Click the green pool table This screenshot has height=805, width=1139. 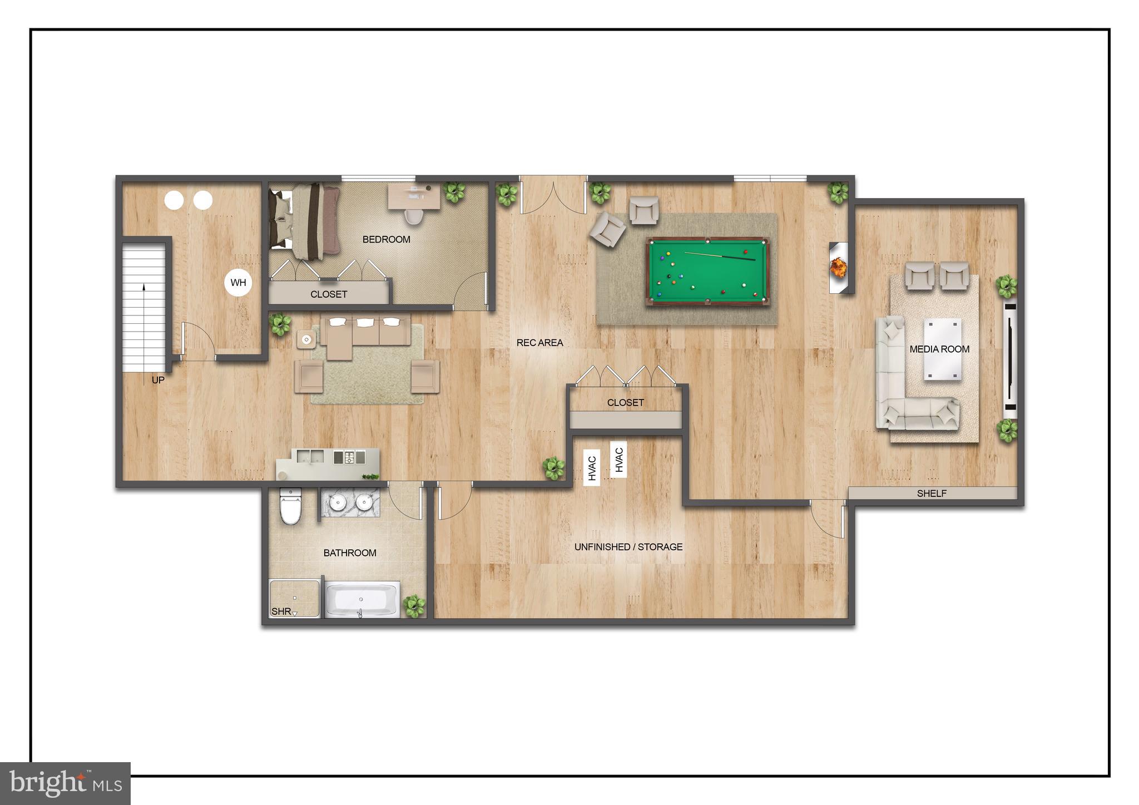click(707, 271)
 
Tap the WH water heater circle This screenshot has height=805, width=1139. click(238, 283)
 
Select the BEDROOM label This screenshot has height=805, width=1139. click(386, 239)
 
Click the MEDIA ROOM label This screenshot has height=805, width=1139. click(939, 349)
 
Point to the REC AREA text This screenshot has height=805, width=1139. click(539, 343)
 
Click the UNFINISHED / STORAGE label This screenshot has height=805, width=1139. click(628, 547)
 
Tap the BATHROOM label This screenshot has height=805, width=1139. click(350, 552)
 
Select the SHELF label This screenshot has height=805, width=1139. click(932, 493)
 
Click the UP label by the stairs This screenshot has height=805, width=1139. click(158, 380)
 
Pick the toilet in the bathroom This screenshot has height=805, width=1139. click(290, 507)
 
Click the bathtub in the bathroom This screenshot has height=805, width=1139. click(361, 599)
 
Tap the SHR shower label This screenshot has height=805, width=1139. click(281, 611)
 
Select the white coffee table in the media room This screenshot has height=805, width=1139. click(942, 349)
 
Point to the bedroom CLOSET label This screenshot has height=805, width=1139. click(328, 294)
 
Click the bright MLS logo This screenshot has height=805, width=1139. click(66, 783)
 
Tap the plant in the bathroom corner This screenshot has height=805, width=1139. click(414, 605)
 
